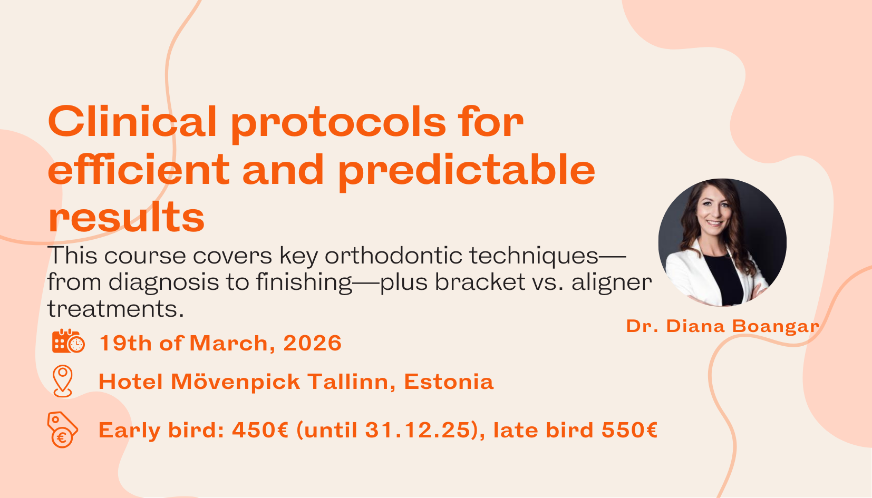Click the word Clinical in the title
pos(132,122)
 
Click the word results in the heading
pos(126,218)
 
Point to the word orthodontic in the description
pos(394,256)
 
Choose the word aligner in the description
pos(612,283)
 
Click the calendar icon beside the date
pos(68,341)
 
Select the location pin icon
pos(63,380)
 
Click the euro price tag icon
pos(62,429)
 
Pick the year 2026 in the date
pos(313,343)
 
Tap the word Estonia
pos(449,382)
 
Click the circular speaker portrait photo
pos(722,243)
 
